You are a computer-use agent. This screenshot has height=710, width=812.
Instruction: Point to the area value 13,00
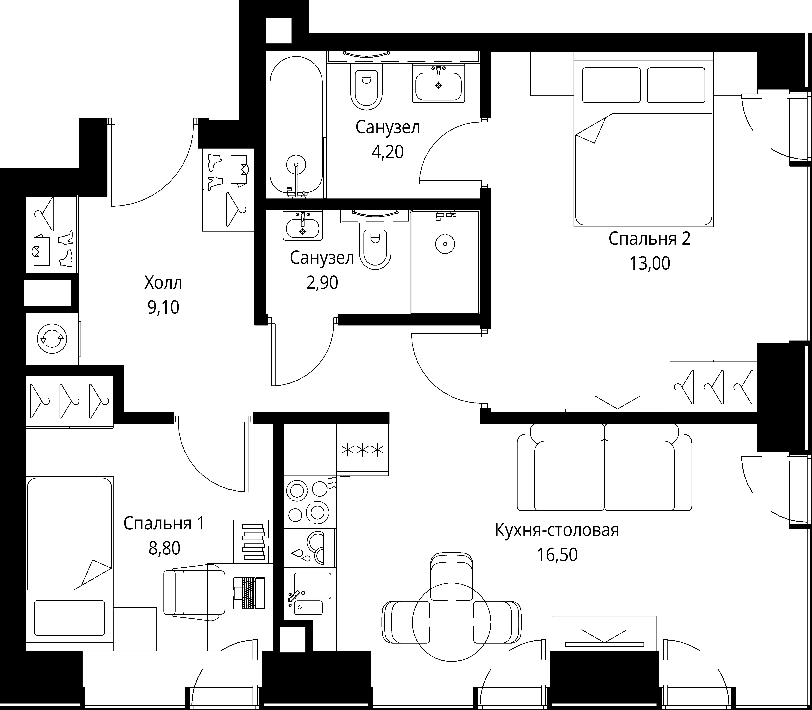click(650, 263)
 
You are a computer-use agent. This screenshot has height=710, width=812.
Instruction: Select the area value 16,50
click(557, 554)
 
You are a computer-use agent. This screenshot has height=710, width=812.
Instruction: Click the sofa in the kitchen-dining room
click(604, 467)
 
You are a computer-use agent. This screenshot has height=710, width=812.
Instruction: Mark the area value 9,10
click(163, 307)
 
